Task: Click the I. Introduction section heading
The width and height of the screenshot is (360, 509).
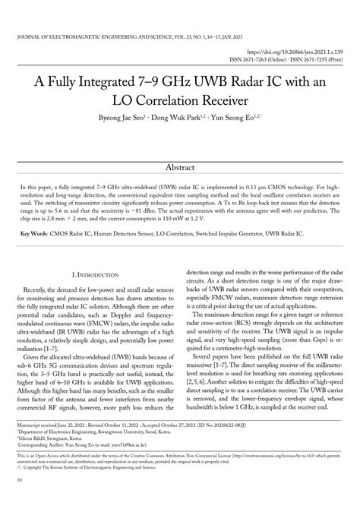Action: click(93, 272)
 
